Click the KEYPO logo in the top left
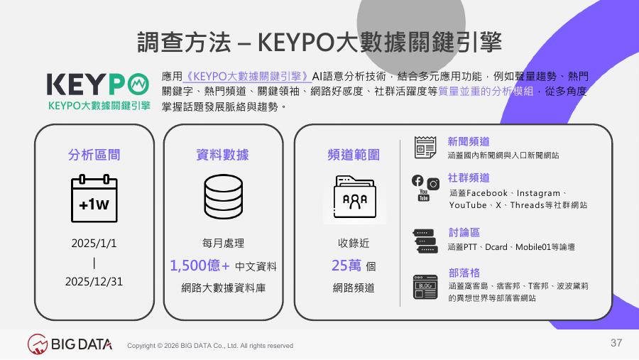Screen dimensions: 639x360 tap(98, 92)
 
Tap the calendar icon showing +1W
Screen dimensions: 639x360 tap(94, 198)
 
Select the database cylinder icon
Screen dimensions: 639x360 tap(224, 197)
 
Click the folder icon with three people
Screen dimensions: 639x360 tap(354, 197)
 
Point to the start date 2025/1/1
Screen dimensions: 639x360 tap(94, 244)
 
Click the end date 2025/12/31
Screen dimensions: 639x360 tap(94, 282)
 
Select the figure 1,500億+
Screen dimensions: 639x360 tap(200, 266)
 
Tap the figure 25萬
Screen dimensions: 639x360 tap(346, 266)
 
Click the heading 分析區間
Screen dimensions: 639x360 tap(94, 155)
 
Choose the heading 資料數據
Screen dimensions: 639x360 tap(222, 155)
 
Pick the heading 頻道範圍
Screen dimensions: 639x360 tap(354, 155)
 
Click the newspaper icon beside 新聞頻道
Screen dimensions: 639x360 tap(425, 147)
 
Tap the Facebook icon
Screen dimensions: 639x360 tap(417, 180)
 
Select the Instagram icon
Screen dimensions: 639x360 tap(433, 184)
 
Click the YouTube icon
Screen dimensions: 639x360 tap(424, 195)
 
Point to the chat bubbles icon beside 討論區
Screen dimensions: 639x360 tap(425, 241)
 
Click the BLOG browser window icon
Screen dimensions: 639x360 tap(425, 287)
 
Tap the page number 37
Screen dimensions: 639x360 tap(616, 343)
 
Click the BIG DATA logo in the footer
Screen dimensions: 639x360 tap(70, 344)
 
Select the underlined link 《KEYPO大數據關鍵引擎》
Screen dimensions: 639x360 tap(247, 77)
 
